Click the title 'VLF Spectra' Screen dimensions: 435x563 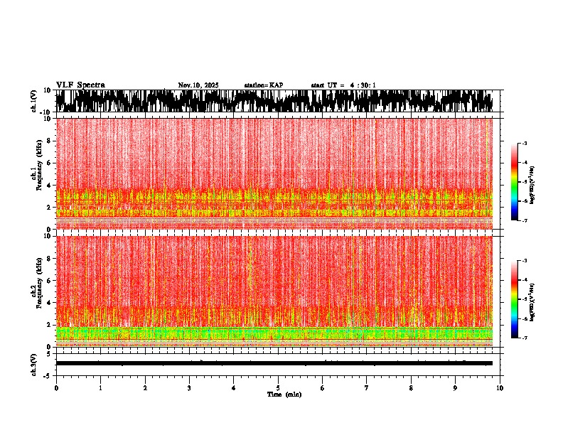80,85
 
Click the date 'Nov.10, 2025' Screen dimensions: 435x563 198,85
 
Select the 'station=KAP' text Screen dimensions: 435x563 263,85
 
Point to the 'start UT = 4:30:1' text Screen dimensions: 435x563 343,85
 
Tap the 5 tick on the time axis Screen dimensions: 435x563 278,388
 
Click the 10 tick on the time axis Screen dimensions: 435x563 500,388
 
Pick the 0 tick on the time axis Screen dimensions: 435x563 56,388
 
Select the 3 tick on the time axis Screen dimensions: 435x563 189,388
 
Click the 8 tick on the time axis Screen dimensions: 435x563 411,388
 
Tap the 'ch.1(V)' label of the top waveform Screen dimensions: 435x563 34,101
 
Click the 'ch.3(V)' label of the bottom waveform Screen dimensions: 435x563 34,363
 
